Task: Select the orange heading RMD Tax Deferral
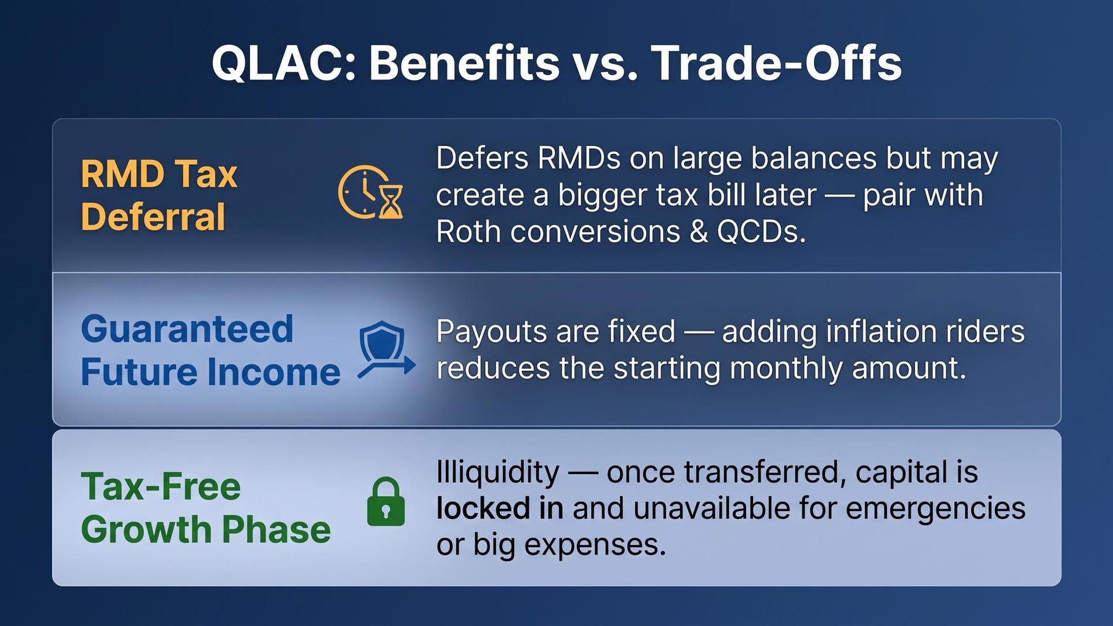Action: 159,195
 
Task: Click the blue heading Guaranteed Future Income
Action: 210,350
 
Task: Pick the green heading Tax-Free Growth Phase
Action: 206,508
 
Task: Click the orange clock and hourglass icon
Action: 370,192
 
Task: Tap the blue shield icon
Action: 381,342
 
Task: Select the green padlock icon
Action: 386,501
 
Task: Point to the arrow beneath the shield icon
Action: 387,367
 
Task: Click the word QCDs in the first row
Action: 761,232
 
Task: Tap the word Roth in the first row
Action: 468,232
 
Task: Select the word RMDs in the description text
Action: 579,158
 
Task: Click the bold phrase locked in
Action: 500,508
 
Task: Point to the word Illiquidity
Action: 498,473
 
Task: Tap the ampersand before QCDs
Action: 699,232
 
